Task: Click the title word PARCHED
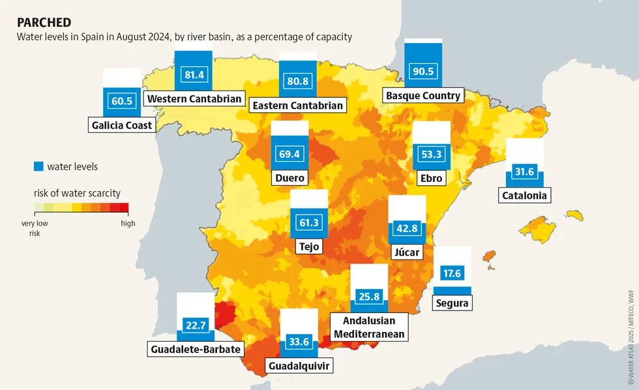44,22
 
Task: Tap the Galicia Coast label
122,125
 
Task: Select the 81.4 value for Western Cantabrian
194,75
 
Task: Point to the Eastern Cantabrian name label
297,105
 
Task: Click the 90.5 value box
423,72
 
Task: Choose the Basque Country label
423,96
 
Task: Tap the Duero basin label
290,177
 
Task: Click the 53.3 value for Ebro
432,155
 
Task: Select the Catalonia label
525,195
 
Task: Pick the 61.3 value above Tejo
308,223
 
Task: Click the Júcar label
407,252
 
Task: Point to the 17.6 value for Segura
452,274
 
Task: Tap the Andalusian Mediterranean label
369,327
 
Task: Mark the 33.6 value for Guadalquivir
299,342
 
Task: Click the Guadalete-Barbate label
196,350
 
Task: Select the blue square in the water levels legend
38,166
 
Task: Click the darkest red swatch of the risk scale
124,208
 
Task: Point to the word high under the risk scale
128,223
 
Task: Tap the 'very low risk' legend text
35,228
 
